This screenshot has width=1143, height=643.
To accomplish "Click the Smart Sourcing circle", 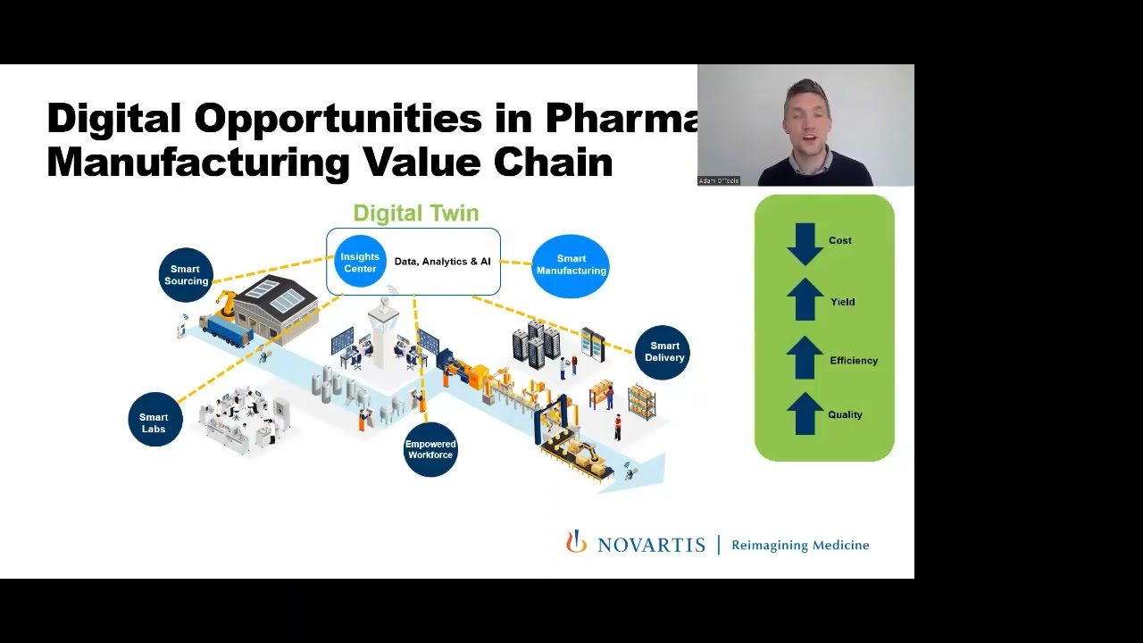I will (x=186, y=275).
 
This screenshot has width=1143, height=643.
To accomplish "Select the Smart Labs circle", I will (x=154, y=422).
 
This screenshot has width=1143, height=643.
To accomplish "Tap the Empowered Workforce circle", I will (x=430, y=449).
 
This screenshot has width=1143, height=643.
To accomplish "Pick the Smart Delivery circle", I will (x=663, y=352).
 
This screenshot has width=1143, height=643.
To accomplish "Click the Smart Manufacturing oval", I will (x=571, y=265).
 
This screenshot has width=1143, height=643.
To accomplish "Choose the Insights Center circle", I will (x=360, y=263).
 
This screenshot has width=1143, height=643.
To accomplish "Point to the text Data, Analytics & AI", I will (x=442, y=262).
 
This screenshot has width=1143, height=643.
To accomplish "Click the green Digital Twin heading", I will (x=416, y=213).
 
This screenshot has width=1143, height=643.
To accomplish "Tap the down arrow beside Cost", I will (x=805, y=243).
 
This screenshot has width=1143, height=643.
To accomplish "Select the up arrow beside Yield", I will (x=805, y=300).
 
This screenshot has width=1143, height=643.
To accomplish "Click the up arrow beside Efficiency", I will (x=805, y=358).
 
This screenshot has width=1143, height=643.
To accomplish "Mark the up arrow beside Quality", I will (x=805, y=413).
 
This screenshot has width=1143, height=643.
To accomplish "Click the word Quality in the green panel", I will (x=845, y=414).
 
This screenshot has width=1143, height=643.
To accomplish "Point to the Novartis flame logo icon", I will (x=576, y=542).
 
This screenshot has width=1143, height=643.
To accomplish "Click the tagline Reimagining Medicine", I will (x=800, y=545).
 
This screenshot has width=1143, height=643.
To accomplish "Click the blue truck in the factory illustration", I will (x=224, y=330).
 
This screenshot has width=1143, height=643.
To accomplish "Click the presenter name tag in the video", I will (x=719, y=180).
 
